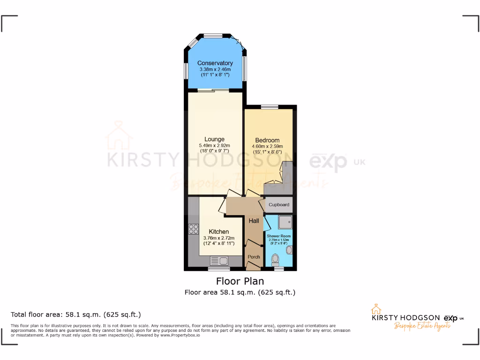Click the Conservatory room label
pos(215,63)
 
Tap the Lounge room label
pos(214,139)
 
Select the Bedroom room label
pos(267,140)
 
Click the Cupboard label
pos(279,205)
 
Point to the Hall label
pos(254,221)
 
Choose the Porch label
pos(254,257)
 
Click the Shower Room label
pos(279,236)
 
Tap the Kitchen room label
pos(219,232)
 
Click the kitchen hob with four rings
pos(193,229)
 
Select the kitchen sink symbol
pos(219,261)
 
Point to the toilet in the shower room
pos(275,258)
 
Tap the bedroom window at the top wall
pos(270,107)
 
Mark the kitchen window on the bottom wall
pos(219,269)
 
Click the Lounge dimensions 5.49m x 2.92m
pos(214,146)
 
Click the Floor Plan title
pos(240,281)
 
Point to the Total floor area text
pos(75,314)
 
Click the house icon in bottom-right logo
pos(375,310)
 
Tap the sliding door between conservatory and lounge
pos(213,90)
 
